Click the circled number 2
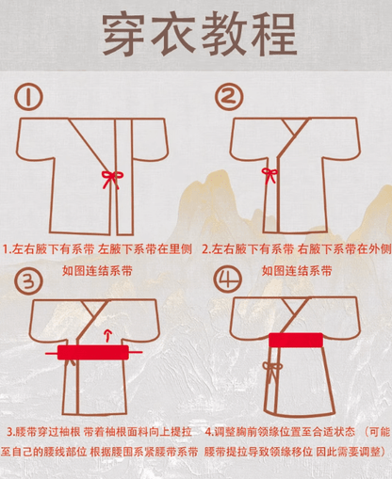(x=229, y=84)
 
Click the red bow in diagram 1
(x=112, y=179)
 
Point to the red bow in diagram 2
(x=269, y=175)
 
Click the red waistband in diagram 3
(x=93, y=352)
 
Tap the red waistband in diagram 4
(x=296, y=340)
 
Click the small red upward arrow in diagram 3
(x=108, y=335)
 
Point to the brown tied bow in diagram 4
(x=272, y=366)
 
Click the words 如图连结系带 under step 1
(x=97, y=271)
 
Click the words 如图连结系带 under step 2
(x=297, y=271)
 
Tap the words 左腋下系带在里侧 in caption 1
(x=145, y=249)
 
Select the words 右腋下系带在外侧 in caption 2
(x=344, y=249)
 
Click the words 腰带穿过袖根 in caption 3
(x=47, y=432)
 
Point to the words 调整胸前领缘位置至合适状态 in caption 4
(x=285, y=432)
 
